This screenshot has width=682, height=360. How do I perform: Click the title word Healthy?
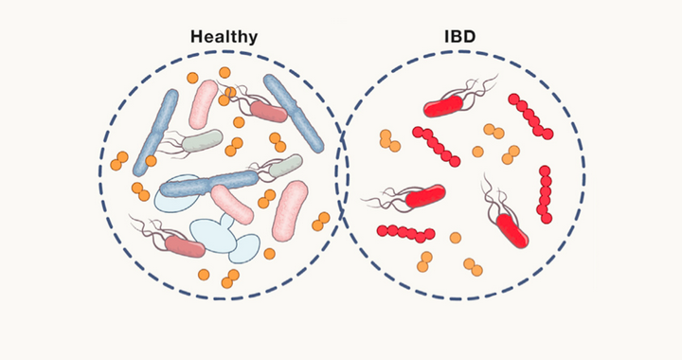click(224, 37)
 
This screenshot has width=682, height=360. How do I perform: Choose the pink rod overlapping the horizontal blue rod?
click(231, 204)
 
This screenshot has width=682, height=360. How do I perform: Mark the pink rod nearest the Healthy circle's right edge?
click(290, 210)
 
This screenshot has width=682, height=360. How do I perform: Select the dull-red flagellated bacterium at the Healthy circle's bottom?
click(185, 245)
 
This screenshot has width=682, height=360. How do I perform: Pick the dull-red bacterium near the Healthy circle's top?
click(268, 113)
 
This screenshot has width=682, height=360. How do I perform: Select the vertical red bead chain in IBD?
click(545, 194)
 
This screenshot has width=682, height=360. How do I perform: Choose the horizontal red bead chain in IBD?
click(406, 232)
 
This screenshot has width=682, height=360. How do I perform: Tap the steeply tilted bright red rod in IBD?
click(511, 228)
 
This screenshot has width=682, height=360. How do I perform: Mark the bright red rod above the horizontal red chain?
click(425, 196)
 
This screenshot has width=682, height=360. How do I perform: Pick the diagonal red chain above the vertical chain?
click(530, 115)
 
